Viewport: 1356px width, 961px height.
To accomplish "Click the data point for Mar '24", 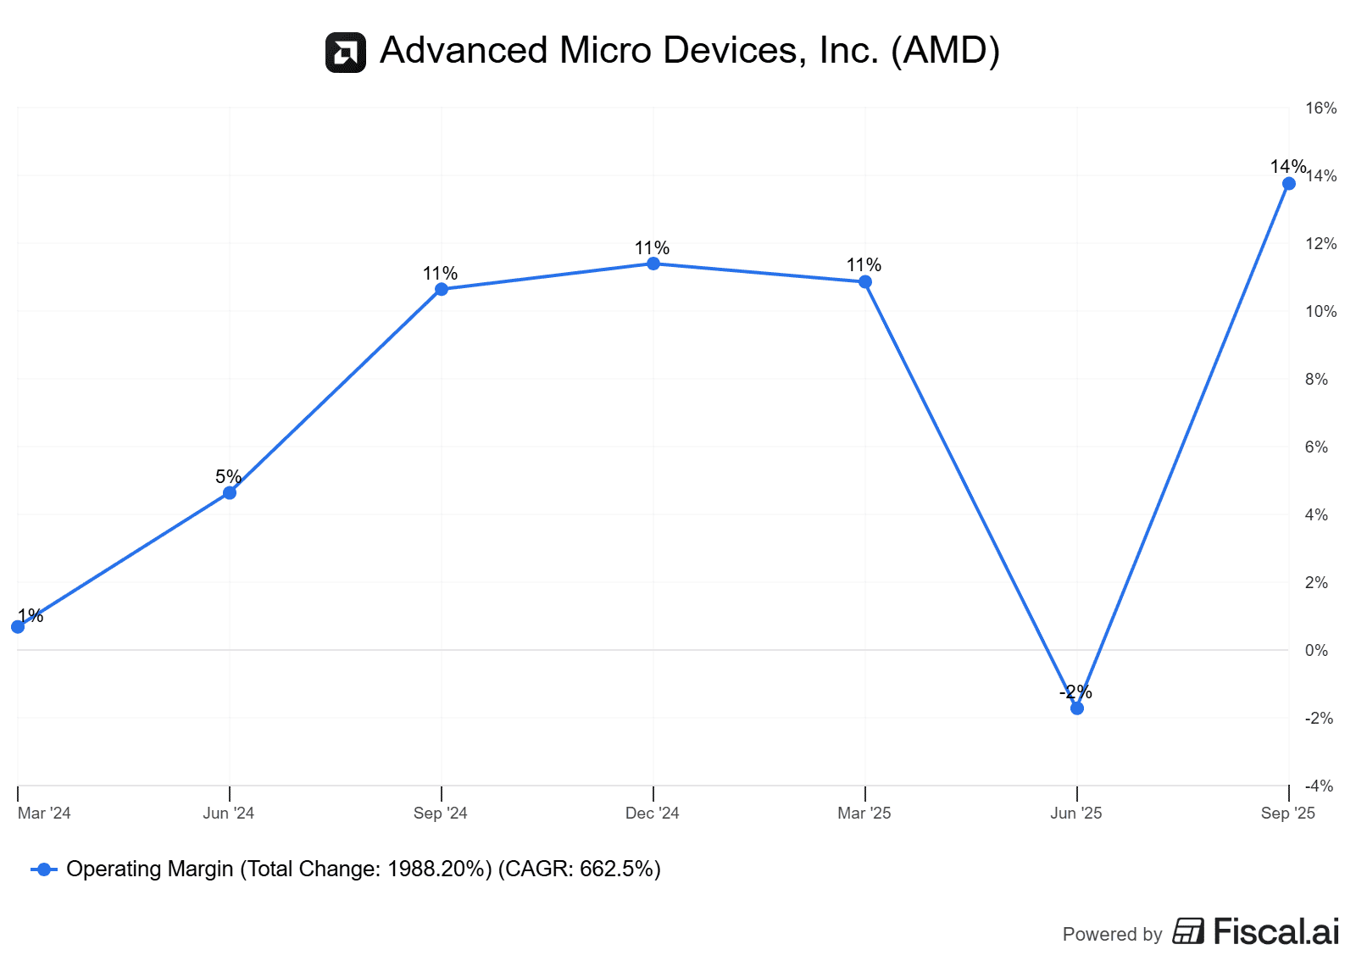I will click(x=18, y=627).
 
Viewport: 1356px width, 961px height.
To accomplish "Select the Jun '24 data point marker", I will click(x=230, y=492).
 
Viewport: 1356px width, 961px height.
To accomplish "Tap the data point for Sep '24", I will click(x=442, y=289).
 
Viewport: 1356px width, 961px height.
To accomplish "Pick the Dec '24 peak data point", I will click(x=653, y=264).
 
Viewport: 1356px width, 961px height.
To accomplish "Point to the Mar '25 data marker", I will click(x=865, y=282).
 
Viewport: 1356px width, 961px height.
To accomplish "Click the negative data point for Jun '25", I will click(x=1077, y=708).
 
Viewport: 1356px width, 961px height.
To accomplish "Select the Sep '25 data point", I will click(x=1289, y=184).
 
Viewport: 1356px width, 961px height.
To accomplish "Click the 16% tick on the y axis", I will click(x=1320, y=108).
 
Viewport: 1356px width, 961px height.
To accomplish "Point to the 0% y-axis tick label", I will click(x=1316, y=651).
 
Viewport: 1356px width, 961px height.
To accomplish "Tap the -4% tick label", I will click(x=1319, y=786).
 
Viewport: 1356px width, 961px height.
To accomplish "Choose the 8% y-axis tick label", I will click(x=1316, y=380).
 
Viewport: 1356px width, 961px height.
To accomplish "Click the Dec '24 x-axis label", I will click(x=652, y=814).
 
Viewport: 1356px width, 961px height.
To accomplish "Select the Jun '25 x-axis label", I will click(x=1075, y=814).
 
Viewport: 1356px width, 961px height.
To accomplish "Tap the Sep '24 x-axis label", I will click(x=440, y=814).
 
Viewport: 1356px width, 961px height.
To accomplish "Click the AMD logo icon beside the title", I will click(x=346, y=53).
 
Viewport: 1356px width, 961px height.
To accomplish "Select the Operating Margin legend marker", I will click(x=44, y=869).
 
